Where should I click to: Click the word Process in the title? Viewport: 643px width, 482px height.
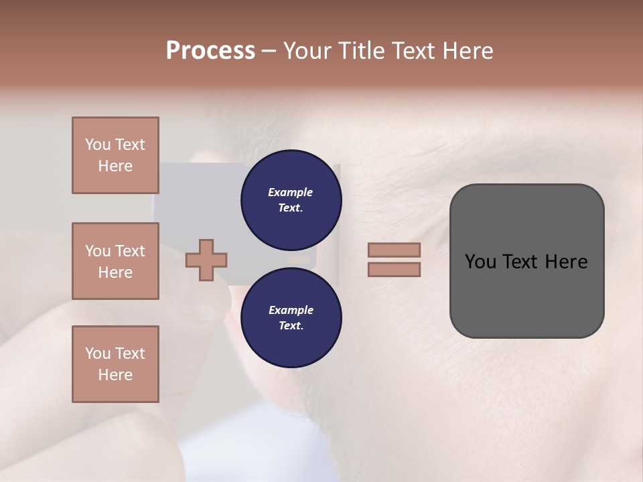[210, 51]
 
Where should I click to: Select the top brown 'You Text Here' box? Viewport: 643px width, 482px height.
[115, 155]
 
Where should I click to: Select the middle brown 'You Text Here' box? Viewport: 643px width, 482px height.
[115, 261]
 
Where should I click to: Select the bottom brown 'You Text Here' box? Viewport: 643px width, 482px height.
[115, 364]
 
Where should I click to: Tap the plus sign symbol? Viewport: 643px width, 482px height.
[206, 260]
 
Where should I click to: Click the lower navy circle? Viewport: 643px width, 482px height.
[291, 318]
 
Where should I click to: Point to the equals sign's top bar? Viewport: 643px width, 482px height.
[394, 250]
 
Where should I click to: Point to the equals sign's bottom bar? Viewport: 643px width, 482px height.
[394, 269]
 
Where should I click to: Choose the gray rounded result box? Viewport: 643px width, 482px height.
[526, 261]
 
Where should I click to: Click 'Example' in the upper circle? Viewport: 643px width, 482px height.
[291, 193]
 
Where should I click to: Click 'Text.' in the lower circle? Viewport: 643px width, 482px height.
[291, 326]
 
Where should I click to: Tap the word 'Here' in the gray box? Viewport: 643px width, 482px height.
[567, 262]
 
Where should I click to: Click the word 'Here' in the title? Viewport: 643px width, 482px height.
[470, 51]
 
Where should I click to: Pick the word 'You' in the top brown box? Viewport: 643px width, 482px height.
[96, 145]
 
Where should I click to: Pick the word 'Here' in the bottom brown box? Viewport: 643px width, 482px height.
[115, 375]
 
